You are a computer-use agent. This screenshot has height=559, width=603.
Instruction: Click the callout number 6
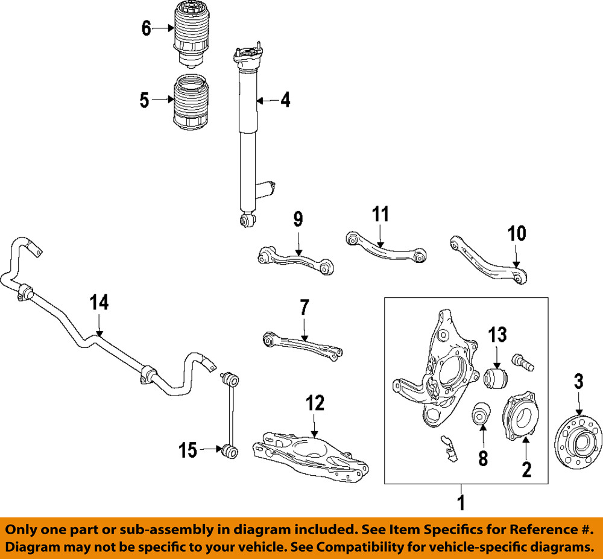click(146, 28)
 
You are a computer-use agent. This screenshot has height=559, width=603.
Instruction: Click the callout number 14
click(99, 303)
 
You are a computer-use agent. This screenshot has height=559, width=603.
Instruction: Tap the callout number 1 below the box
click(462, 502)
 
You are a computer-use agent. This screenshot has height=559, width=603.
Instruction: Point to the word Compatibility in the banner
click(399, 547)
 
